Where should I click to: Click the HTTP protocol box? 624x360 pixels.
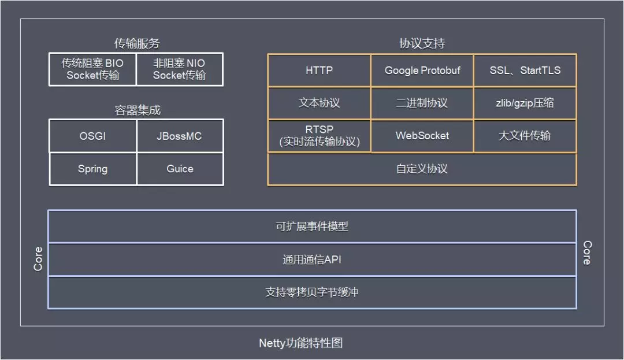pyautogui.click(x=319, y=70)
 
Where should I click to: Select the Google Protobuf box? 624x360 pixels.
pyautogui.click(x=422, y=70)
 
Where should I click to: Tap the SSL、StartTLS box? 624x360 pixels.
pyautogui.click(x=525, y=70)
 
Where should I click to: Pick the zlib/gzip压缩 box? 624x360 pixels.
pyautogui.click(x=525, y=103)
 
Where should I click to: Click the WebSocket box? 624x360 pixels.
pyautogui.click(x=422, y=136)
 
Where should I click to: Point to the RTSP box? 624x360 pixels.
pyautogui.click(x=319, y=136)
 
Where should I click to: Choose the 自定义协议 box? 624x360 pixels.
pyautogui.click(x=422, y=169)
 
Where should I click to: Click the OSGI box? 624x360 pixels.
pyautogui.click(x=92, y=136)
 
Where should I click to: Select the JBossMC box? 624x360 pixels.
pyautogui.click(x=180, y=136)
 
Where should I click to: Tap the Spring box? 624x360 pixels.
pyautogui.click(x=92, y=169)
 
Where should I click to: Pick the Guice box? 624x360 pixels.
pyautogui.click(x=180, y=169)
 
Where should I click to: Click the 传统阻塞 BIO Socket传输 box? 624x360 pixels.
pyautogui.click(x=92, y=69)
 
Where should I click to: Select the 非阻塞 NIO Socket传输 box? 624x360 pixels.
pyautogui.click(x=179, y=69)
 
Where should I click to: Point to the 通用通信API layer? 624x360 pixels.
pyautogui.click(x=312, y=259)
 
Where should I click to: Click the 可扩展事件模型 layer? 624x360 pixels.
pyautogui.click(x=312, y=227)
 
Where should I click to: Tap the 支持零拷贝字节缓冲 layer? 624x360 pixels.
pyautogui.click(x=312, y=292)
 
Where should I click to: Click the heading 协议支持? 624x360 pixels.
pyautogui.click(x=422, y=43)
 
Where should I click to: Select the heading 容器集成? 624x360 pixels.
pyautogui.click(x=136, y=110)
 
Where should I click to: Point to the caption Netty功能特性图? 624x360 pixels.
pyautogui.click(x=300, y=343)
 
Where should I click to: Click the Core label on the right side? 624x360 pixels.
pyautogui.click(x=586, y=253)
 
